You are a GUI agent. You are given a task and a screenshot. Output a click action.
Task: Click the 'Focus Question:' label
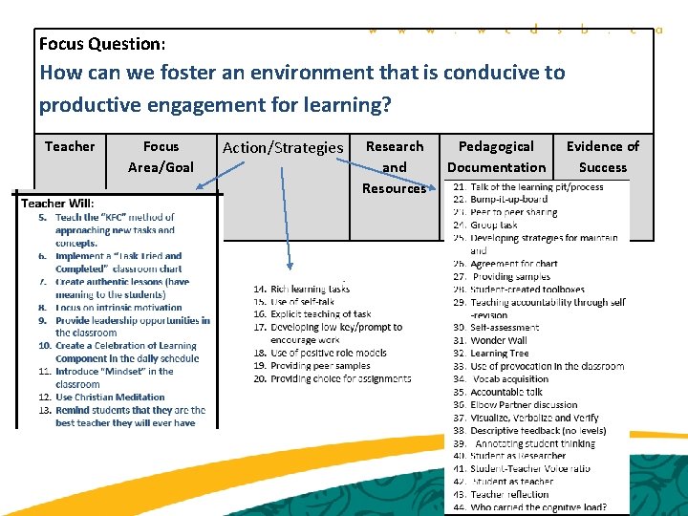pyautogui.click(x=102, y=44)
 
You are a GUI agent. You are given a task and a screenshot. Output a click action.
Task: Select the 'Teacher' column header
pyautogui.click(x=70, y=146)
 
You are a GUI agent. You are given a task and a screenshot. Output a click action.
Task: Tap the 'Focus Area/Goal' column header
pyautogui.click(x=161, y=157)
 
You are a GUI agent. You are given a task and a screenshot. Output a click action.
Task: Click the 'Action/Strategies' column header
pyautogui.click(x=282, y=147)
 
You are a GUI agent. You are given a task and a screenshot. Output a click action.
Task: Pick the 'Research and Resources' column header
pyautogui.click(x=394, y=167)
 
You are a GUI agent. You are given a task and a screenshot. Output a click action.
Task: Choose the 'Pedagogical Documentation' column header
pyautogui.click(x=496, y=157)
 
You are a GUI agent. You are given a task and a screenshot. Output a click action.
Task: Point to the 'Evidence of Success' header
pyautogui.click(x=602, y=157)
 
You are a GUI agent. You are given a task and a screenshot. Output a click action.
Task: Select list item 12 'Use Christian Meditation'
pyautogui.click(x=110, y=398)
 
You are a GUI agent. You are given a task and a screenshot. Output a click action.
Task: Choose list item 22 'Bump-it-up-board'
pyautogui.click(x=508, y=200)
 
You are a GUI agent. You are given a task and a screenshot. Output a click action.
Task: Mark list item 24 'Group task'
pyautogui.click(x=494, y=226)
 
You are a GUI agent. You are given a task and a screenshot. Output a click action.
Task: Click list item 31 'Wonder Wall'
pyautogui.click(x=498, y=340)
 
